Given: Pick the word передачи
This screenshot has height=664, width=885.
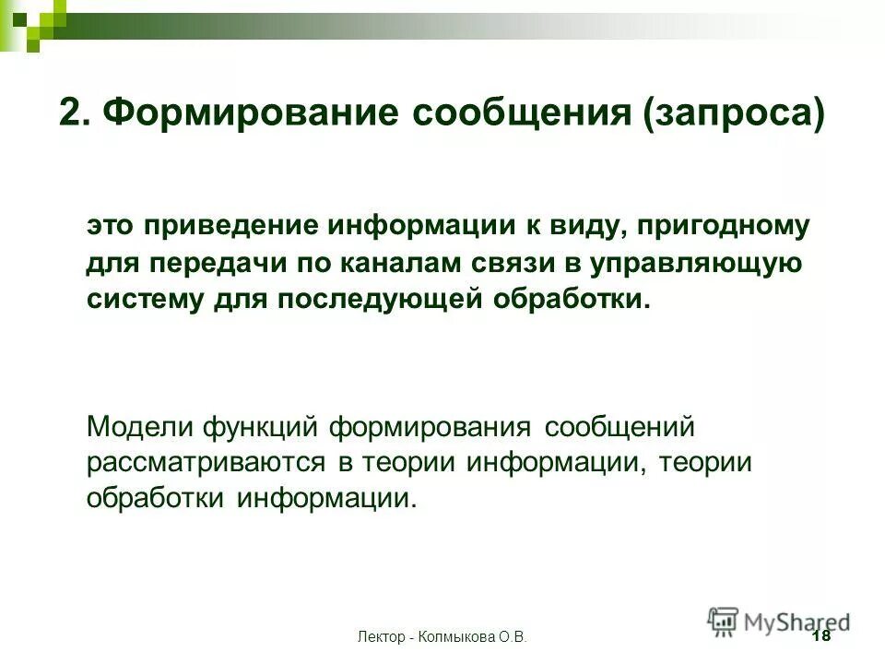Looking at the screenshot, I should point(214,263).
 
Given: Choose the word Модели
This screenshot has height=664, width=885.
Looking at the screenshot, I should point(139,427).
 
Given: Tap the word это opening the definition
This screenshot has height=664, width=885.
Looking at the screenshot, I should point(111,226).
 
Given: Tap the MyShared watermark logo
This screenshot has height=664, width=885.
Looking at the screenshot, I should point(779,622).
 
